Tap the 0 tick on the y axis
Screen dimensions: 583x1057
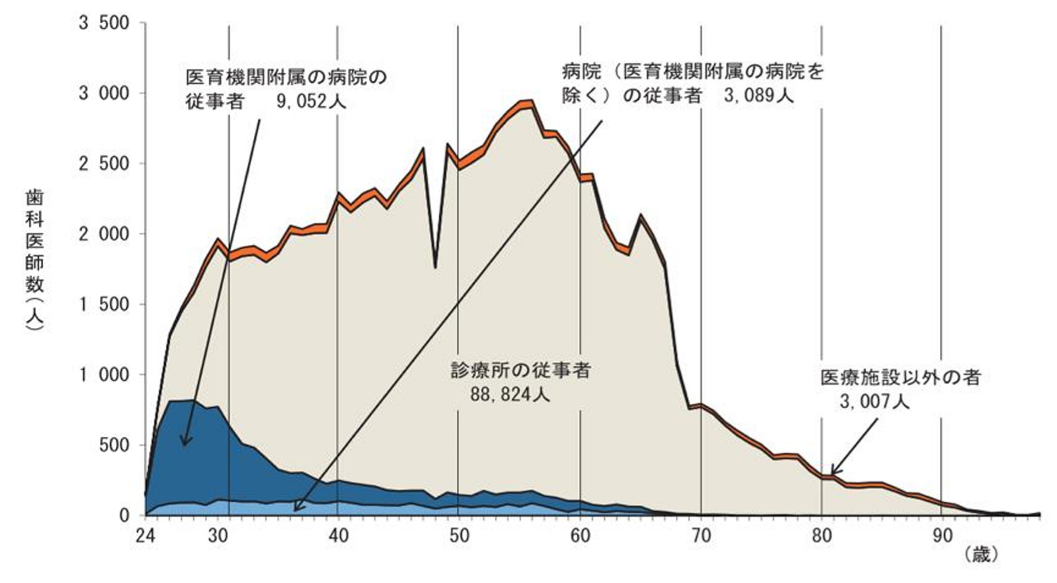coord(124,515)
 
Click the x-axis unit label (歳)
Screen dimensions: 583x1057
coord(981,554)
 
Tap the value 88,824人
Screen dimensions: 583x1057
coord(509,394)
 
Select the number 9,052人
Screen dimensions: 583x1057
coord(311,102)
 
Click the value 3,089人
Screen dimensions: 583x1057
coord(758,96)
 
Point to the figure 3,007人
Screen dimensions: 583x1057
coord(874,401)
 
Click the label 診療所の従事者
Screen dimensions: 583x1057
coord(520,370)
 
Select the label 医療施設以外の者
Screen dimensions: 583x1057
coord(900,377)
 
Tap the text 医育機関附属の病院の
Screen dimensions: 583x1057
coord(286,78)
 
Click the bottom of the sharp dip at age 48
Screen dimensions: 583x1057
coord(435,267)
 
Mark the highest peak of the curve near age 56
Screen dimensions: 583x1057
coord(529,101)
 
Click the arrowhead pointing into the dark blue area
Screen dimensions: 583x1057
coord(184,443)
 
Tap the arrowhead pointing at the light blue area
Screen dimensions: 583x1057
coord(295,509)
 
